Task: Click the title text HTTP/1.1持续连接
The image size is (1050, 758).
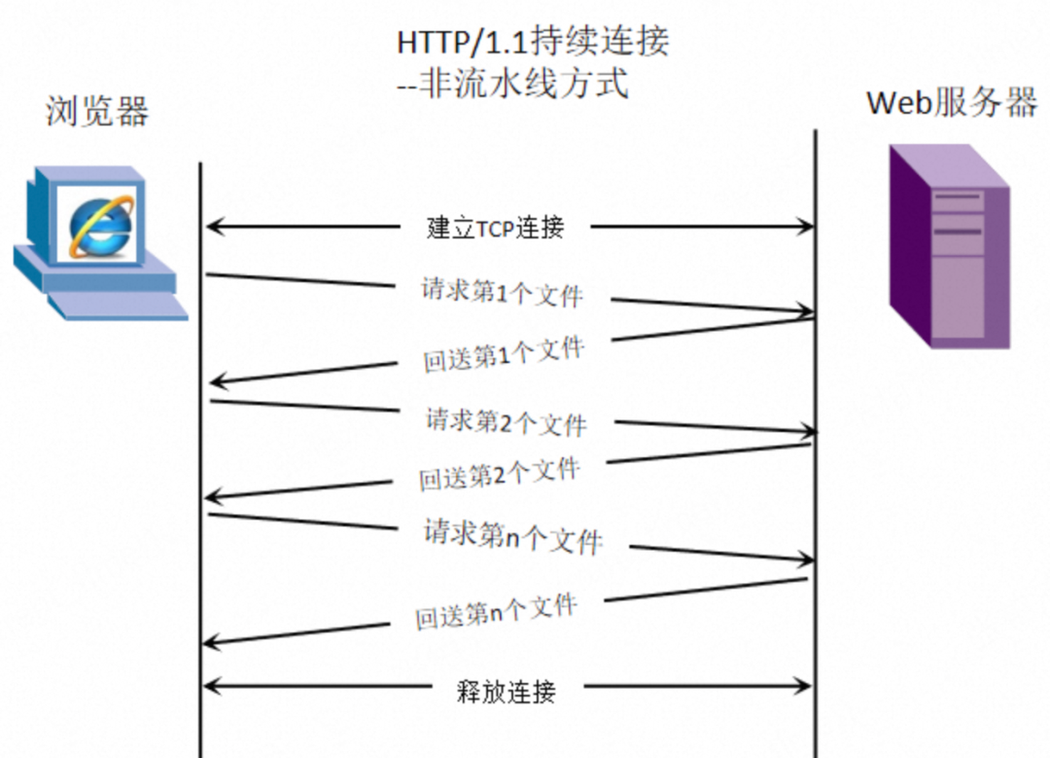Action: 533,42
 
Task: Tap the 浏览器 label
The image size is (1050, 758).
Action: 97,112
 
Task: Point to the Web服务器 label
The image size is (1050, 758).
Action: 952,102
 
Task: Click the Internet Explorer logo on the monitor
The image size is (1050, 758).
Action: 97,226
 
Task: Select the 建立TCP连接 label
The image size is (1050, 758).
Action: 496,228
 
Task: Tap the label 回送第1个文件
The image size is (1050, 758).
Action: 504,354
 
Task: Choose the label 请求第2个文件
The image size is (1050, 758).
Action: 506,421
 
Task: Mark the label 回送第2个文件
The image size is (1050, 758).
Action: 500,475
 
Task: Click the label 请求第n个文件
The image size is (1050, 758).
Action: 512,536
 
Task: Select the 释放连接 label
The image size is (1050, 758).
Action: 506,692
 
